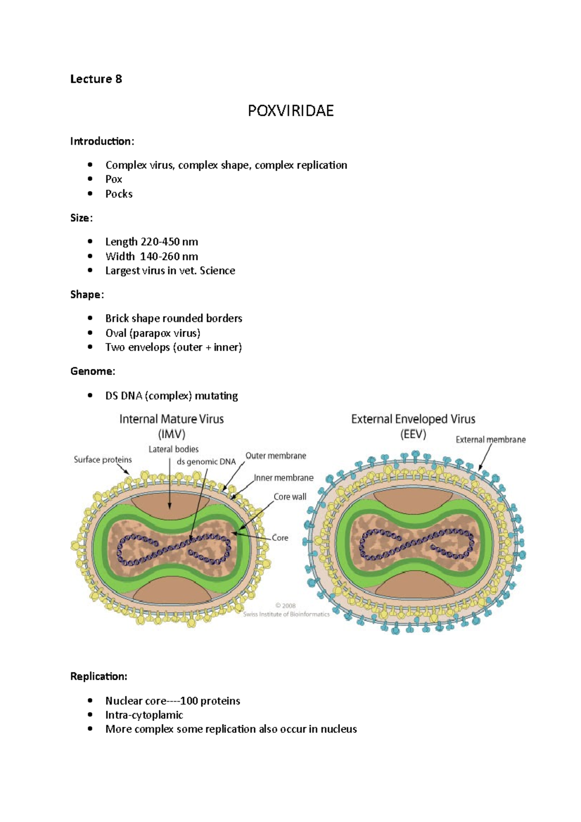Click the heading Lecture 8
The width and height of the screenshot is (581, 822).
click(96, 79)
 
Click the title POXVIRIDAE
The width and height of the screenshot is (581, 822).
click(290, 111)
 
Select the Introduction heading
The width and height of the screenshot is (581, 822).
click(102, 141)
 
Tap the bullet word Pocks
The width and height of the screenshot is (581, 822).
click(119, 194)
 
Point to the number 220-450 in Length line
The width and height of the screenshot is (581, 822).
click(160, 242)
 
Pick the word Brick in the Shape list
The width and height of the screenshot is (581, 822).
click(117, 318)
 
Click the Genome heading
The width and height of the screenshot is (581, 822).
click(92, 371)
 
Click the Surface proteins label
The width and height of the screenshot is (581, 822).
click(103, 459)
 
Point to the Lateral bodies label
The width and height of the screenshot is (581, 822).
click(173, 449)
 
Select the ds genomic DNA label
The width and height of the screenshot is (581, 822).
click(206, 462)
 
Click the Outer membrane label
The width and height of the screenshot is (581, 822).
click(275, 456)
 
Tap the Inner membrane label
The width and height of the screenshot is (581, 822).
click(284, 478)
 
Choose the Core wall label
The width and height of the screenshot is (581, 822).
click(290, 497)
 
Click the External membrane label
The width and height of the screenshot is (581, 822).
click(490, 440)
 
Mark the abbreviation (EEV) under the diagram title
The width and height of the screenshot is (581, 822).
click(413, 434)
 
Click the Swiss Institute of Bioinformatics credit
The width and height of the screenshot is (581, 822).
click(286, 614)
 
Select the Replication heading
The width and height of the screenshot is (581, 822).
click(99, 676)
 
